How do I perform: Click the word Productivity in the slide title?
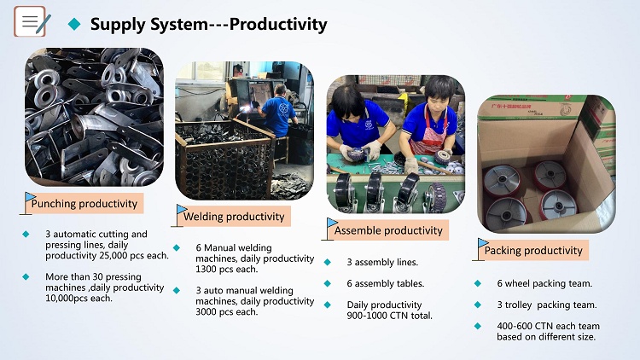tap(278, 25)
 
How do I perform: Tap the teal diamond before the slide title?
tap(74, 24)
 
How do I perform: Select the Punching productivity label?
tap(84, 203)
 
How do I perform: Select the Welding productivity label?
tap(234, 217)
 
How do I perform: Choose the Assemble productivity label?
tap(388, 230)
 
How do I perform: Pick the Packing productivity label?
tap(533, 250)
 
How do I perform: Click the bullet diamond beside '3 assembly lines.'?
tap(328, 262)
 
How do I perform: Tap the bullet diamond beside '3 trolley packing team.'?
tap(478, 305)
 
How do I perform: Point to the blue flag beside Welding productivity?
tap(181, 209)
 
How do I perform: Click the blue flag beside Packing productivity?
tap(482, 243)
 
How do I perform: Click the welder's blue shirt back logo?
tap(283, 110)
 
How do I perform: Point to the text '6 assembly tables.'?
tap(386, 284)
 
